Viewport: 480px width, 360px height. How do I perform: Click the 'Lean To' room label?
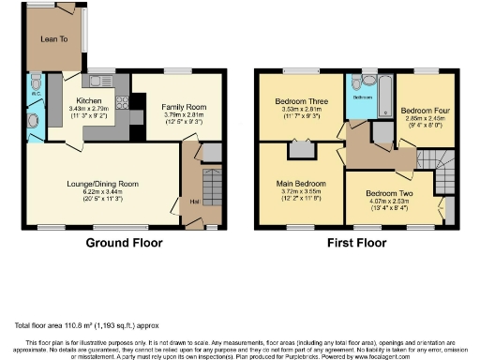click(x=50, y=39)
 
